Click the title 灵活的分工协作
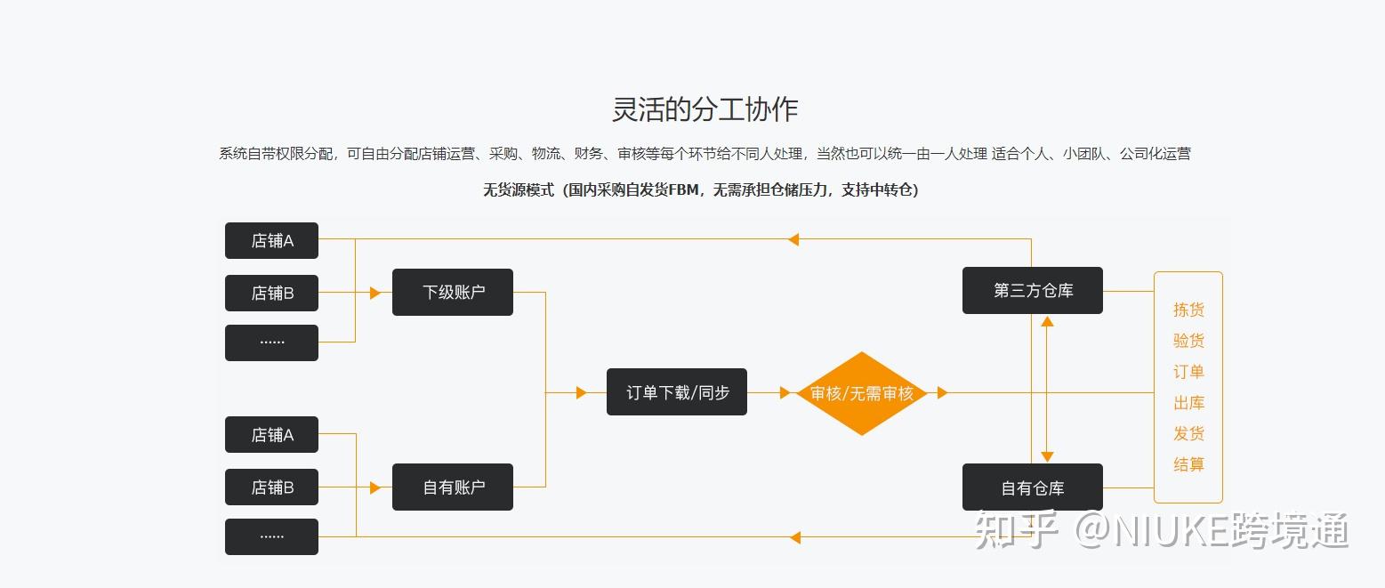[x=705, y=109]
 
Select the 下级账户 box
[x=453, y=292]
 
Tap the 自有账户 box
[x=453, y=487]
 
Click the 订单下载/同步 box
[x=676, y=392]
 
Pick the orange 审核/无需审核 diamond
[x=861, y=393]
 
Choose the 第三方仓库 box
[x=1033, y=291]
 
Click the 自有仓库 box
[x=1033, y=487]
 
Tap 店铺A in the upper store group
[x=271, y=240]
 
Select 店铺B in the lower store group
[x=271, y=487]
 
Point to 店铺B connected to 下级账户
[x=271, y=293]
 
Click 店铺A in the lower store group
[x=271, y=435]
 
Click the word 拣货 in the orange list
[x=1188, y=310]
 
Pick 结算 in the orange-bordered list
[x=1188, y=464]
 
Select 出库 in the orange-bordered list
[x=1188, y=402]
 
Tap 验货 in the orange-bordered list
[x=1188, y=340]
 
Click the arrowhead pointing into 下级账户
[x=374, y=293]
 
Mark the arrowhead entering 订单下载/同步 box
[x=581, y=392]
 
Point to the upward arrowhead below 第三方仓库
[x=1047, y=321]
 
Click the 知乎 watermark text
[x=1015, y=530]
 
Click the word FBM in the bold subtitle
[x=683, y=189]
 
